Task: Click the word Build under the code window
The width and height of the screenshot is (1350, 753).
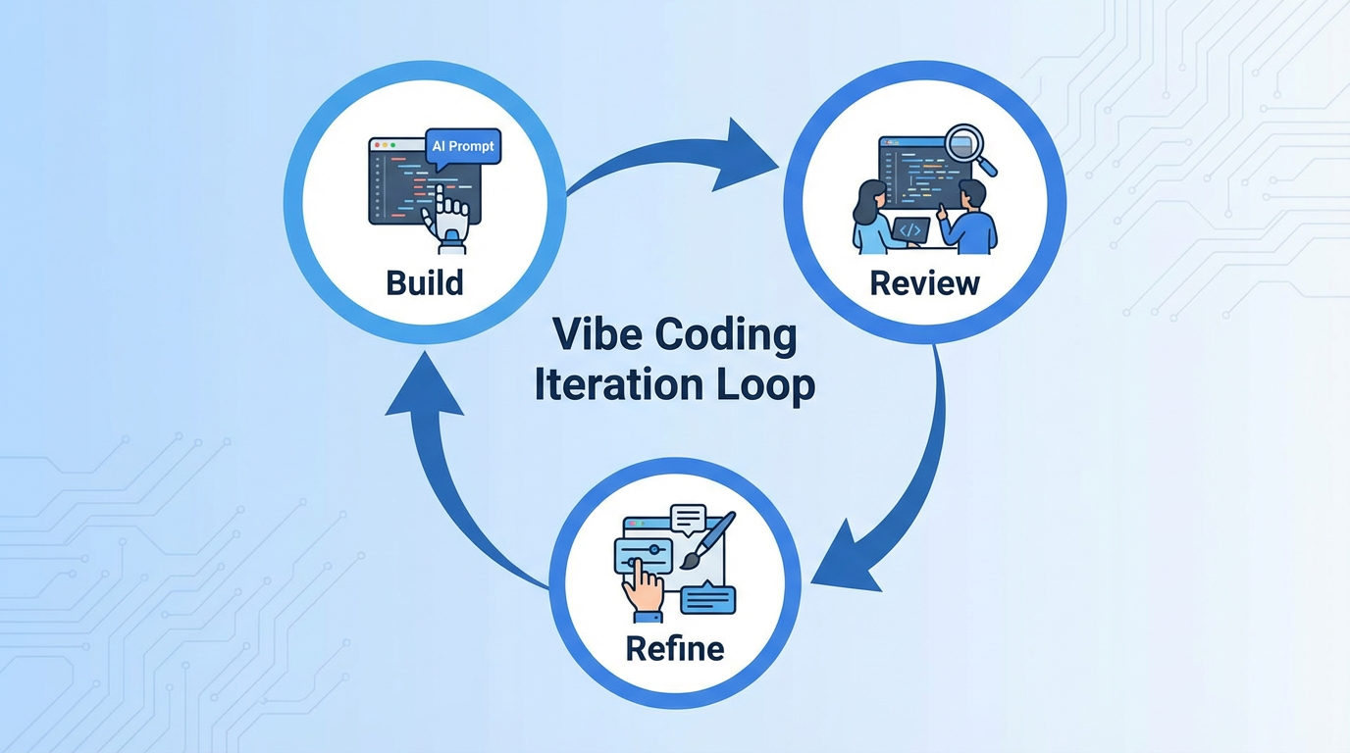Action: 424,283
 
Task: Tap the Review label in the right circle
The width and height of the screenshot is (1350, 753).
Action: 924,284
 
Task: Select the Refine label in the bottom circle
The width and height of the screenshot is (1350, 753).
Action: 675,648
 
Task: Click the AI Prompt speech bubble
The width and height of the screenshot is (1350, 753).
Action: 463,147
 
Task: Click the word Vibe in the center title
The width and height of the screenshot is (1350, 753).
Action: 587,334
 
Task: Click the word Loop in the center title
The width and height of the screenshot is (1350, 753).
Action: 764,384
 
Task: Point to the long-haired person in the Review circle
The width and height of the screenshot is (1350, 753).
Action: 871,219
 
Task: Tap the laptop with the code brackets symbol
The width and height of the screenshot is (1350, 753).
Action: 910,231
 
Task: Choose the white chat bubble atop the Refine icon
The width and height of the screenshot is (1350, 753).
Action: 688,518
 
